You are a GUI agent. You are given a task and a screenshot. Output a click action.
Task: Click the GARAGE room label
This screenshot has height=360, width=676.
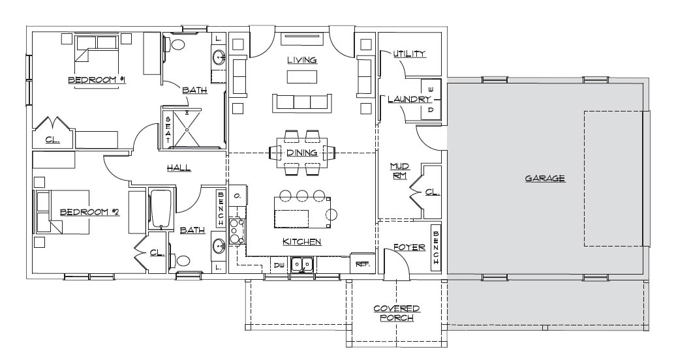coord(544,178)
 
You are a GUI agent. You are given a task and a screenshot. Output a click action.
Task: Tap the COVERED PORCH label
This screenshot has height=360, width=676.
coord(397,313)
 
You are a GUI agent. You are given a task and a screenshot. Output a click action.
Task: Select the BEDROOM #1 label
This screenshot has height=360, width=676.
coord(97,80)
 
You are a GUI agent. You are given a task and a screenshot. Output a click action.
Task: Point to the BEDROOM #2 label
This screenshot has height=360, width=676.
coord(89,212)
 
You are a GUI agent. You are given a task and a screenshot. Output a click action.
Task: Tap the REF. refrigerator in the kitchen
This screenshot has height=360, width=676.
coord(360,263)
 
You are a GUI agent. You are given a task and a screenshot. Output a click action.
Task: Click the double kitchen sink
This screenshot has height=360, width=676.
coord(301,264)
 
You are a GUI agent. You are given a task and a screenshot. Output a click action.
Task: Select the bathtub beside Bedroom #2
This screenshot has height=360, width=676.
coord(161,208)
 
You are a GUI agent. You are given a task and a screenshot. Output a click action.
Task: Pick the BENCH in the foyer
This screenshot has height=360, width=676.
coord(436,248)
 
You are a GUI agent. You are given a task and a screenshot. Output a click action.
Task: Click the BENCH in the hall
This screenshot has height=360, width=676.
coord(221,209)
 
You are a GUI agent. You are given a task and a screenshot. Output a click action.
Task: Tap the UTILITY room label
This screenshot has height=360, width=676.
coord(409,54)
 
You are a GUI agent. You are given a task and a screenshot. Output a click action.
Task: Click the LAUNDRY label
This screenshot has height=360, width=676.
coord(408,99)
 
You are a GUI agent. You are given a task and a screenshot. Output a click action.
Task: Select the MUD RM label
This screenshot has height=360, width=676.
coord(399,171)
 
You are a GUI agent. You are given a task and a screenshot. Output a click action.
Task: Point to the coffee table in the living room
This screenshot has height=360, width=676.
coord(301,76)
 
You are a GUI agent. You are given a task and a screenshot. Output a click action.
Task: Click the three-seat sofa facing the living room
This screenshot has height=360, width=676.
coord(301,102)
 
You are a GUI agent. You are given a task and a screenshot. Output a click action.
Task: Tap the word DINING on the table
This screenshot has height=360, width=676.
coord(301,153)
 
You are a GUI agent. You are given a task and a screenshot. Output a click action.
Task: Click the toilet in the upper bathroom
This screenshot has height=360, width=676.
coord(174,44)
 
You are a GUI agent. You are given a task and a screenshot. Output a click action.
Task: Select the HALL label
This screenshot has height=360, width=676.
coord(179,168)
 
